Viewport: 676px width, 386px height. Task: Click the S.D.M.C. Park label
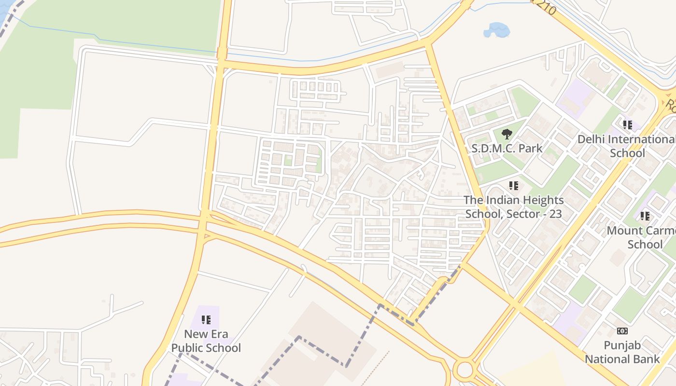(x=507, y=148)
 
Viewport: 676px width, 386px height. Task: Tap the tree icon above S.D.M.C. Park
(x=507, y=134)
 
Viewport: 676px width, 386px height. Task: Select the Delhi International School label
(x=627, y=146)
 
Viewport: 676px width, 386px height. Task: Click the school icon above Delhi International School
(x=628, y=125)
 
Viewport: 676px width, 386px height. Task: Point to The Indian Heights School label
(x=513, y=207)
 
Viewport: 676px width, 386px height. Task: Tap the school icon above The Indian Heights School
(x=514, y=185)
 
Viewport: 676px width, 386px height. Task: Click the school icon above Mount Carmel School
(x=645, y=216)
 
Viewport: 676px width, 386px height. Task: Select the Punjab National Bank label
(x=622, y=352)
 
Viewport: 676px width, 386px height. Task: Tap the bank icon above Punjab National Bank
(x=622, y=331)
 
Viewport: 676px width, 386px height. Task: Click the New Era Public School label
(x=206, y=341)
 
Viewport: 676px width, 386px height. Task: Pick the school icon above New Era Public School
(x=206, y=319)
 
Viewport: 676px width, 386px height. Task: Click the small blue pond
(x=496, y=30)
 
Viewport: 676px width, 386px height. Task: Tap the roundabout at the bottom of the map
(x=464, y=370)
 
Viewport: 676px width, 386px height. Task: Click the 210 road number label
(x=546, y=6)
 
